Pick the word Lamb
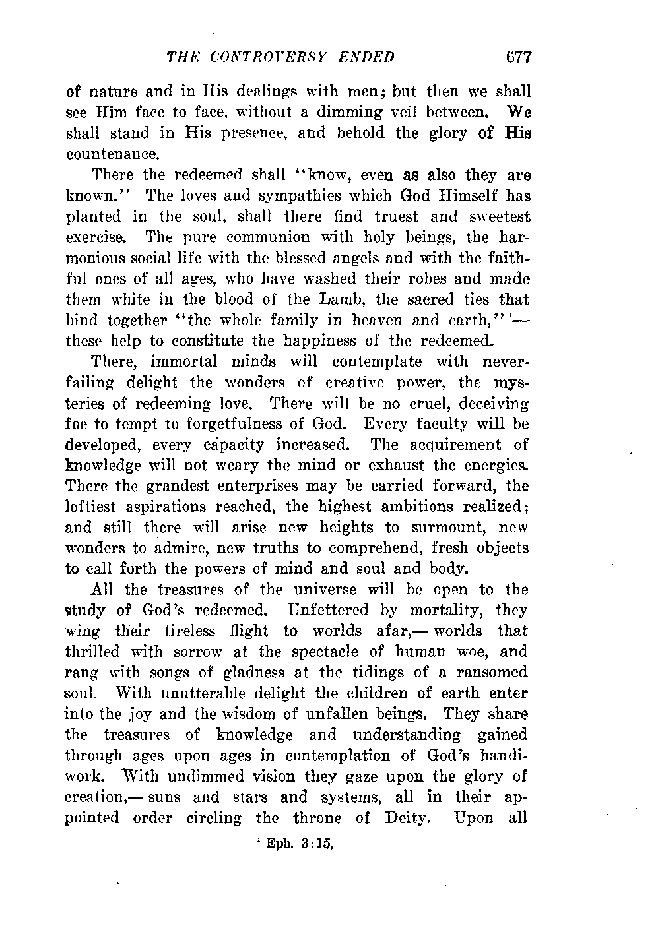click(x=339, y=299)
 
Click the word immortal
click(x=180, y=361)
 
